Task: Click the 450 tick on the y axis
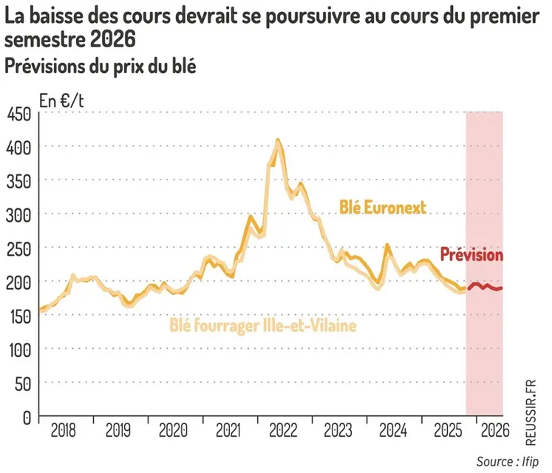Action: point(18,113)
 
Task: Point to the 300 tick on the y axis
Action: point(18,214)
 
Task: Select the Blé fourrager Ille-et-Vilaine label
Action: point(263,324)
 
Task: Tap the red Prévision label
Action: point(471,255)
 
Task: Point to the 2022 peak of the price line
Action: point(278,140)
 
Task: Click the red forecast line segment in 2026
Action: point(485,287)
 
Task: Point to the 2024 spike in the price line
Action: point(386,245)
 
